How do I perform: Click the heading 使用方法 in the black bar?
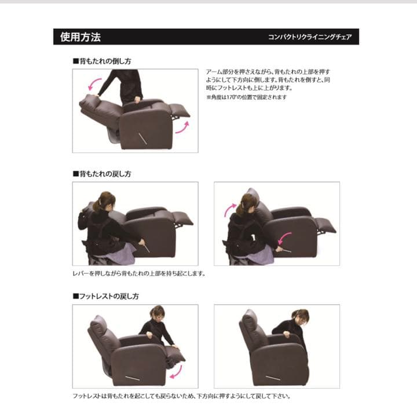(x=81, y=37)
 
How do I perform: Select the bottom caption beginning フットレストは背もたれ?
(x=181, y=397)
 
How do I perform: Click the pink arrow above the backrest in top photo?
(x=92, y=86)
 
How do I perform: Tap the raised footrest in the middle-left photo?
(x=181, y=218)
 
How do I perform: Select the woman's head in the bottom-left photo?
(x=157, y=313)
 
